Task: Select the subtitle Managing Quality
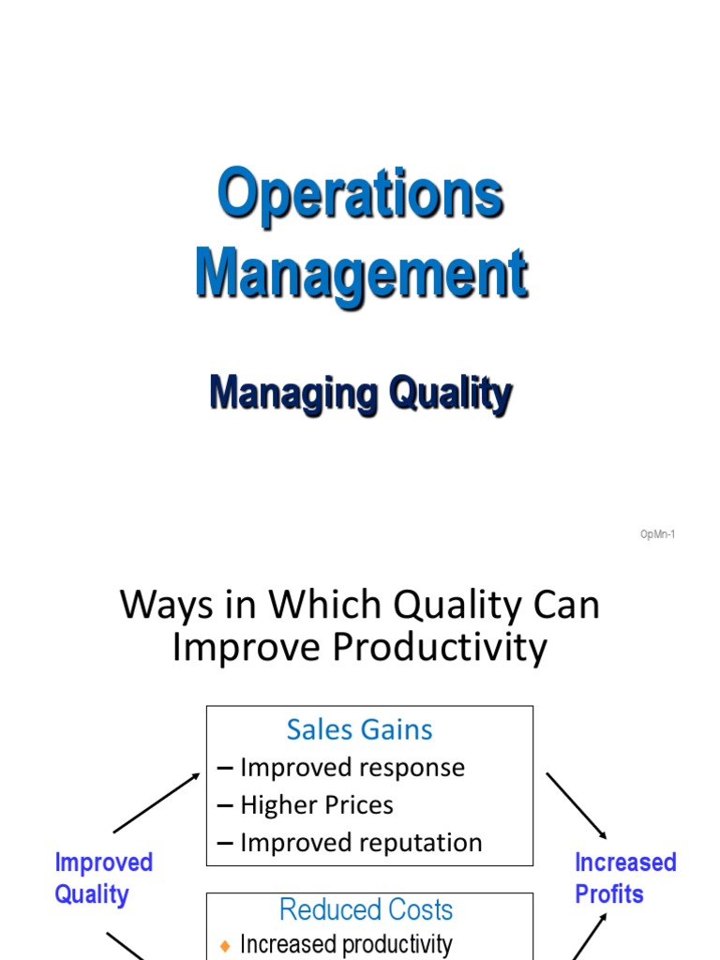361,393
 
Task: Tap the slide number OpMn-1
657,534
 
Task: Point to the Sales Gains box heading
359,729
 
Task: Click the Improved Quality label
103,877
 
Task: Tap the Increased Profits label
624,877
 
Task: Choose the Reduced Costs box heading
366,909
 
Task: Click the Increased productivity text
346,944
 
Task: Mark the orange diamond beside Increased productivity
224,946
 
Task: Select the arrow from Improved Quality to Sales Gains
157,802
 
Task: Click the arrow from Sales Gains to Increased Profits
577,804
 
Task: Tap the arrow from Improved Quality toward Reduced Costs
127,945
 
